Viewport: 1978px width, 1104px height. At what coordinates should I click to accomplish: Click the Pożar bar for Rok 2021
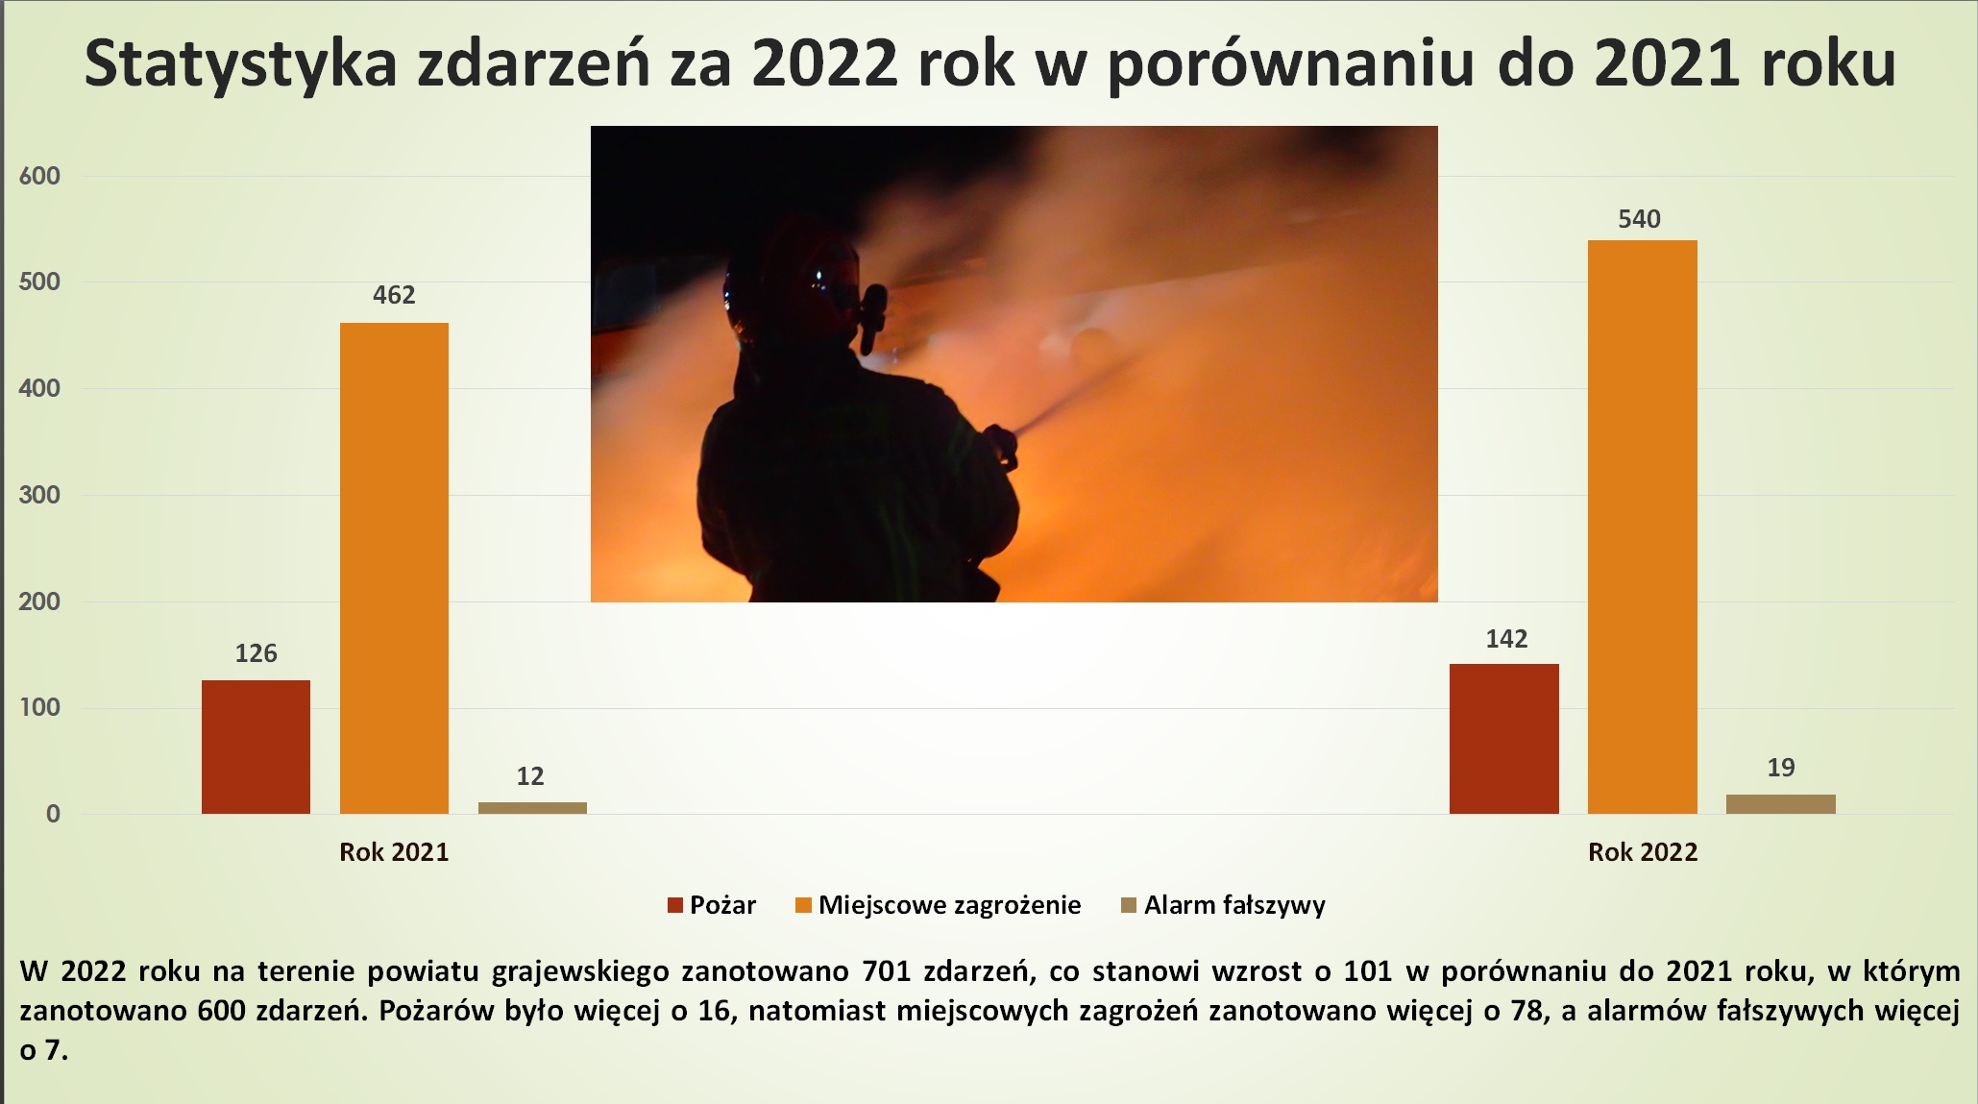click(x=256, y=747)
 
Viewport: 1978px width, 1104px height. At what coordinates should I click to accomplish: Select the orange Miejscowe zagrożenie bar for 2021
click(x=394, y=568)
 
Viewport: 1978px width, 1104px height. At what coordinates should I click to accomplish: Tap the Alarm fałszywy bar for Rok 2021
click(x=532, y=808)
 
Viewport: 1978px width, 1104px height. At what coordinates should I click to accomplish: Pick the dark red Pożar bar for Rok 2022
click(x=1504, y=739)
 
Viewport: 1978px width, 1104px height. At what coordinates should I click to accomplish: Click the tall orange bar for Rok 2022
click(x=1643, y=527)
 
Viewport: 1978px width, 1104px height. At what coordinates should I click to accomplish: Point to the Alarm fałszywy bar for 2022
click(x=1781, y=804)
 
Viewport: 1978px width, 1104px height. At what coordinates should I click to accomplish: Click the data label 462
click(x=394, y=295)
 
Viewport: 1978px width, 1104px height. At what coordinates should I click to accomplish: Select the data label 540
click(x=1639, y=219)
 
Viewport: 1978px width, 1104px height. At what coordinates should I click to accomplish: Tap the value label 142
click(x=1506, y=639)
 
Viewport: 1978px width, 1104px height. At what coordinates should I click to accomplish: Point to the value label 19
click(x=1781, y=768)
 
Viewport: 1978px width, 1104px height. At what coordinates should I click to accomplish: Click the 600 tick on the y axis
click(x=39, y=176)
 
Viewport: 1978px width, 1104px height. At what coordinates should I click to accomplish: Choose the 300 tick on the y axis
click(x=39, y=495)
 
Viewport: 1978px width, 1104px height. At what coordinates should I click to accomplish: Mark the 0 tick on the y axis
click(x=53, y=814)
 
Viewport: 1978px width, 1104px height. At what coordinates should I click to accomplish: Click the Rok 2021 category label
click(x=394, y=852)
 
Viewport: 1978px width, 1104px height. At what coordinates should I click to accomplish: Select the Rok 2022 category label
click(x=1643, y=852)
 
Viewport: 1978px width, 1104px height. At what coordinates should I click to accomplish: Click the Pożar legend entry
click(x=712, y=905)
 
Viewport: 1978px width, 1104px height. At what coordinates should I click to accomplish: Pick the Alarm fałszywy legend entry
click(x=1224, y=905)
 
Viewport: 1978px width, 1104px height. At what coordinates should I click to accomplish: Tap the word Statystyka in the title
click(x=240, y=64)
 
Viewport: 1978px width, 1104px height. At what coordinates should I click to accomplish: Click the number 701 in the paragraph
click(x=887, y=971)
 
